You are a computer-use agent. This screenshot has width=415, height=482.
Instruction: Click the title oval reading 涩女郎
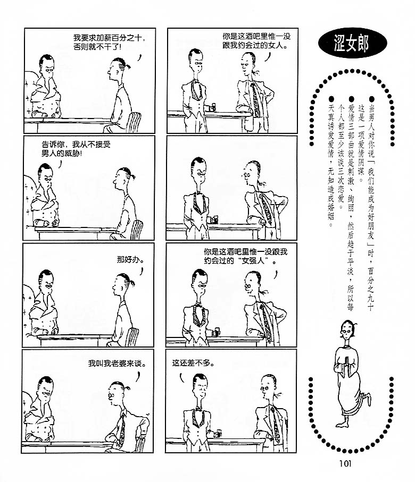352,44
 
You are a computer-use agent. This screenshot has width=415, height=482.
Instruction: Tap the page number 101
345,463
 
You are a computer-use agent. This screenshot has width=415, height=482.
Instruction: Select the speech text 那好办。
130,259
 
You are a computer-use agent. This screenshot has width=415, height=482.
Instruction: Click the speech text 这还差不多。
193,363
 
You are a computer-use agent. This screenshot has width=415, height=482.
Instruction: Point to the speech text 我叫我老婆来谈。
117,363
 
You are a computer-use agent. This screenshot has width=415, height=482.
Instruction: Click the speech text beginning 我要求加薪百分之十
109,42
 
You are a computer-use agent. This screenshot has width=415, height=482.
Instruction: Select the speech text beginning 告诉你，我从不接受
76,148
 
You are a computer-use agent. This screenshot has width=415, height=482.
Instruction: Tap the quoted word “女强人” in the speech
255,261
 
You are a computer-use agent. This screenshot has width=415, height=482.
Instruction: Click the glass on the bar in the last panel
218,434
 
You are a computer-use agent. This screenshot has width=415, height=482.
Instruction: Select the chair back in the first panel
134,122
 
